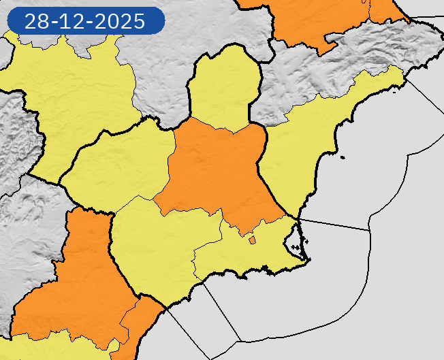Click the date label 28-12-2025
coord(85,21)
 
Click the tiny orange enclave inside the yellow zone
coord(252,239)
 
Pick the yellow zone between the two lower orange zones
coord(163,252)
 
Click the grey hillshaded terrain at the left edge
coord(14,136)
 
